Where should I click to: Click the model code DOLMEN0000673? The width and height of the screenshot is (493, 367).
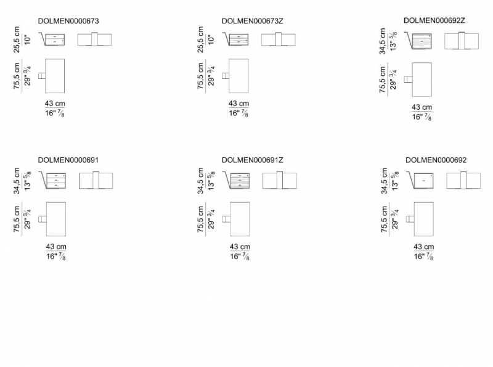pyautogui.click(x=68, y=21)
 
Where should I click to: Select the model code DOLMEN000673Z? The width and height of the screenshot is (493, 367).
pyautogui.click(x=253, y=21)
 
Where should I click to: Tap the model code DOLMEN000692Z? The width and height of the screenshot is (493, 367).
pyautogui.click(x=434, y=20)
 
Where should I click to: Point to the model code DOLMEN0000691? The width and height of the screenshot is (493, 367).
pyautogui.click(x=68, y=160)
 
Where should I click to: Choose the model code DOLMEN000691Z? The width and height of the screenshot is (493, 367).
pyautogui.click(x=253, y=160)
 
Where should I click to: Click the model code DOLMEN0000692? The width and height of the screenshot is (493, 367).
pyautogui.click(x=436, y=160)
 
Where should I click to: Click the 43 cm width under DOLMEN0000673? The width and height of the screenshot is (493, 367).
pyautogui.click(x=55, y=104)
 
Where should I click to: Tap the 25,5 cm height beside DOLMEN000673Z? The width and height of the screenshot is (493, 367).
pyautogui.click(x=201, y=39)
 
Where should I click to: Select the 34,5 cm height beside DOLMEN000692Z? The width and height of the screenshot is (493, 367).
pyautogui.click(x=382, y=41)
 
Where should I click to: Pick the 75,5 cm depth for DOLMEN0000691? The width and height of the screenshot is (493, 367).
pyautogui.click(x=17, y=220)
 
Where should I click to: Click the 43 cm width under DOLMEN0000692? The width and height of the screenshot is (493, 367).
pyautogui.click(x=423, y=247)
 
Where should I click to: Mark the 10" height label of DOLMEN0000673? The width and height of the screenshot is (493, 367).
pyautogui.click(x=28, y=40)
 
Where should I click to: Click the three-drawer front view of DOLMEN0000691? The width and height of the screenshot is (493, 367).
pyautogui.click(x=56, y=180)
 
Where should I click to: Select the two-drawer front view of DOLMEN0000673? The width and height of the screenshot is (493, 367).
pyautogui.click(x=55, y=39)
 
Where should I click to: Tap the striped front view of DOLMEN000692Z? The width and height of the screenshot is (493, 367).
pyautogui.click(x=422, y=41)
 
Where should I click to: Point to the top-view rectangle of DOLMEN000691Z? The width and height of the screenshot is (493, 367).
pyautogui.click(x=240, y=219)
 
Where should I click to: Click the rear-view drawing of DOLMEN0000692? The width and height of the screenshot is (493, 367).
pyautogui.click(x=463, y=180)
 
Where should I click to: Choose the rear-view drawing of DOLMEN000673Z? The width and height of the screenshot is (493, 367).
pyautogui.click(x=279, y=39)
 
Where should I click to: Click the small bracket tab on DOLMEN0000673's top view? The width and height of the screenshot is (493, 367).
pyautogui.click(x=42, y=76)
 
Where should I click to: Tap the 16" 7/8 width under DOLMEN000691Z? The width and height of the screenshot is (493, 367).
pyautogui.click(x=240, y=257)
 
